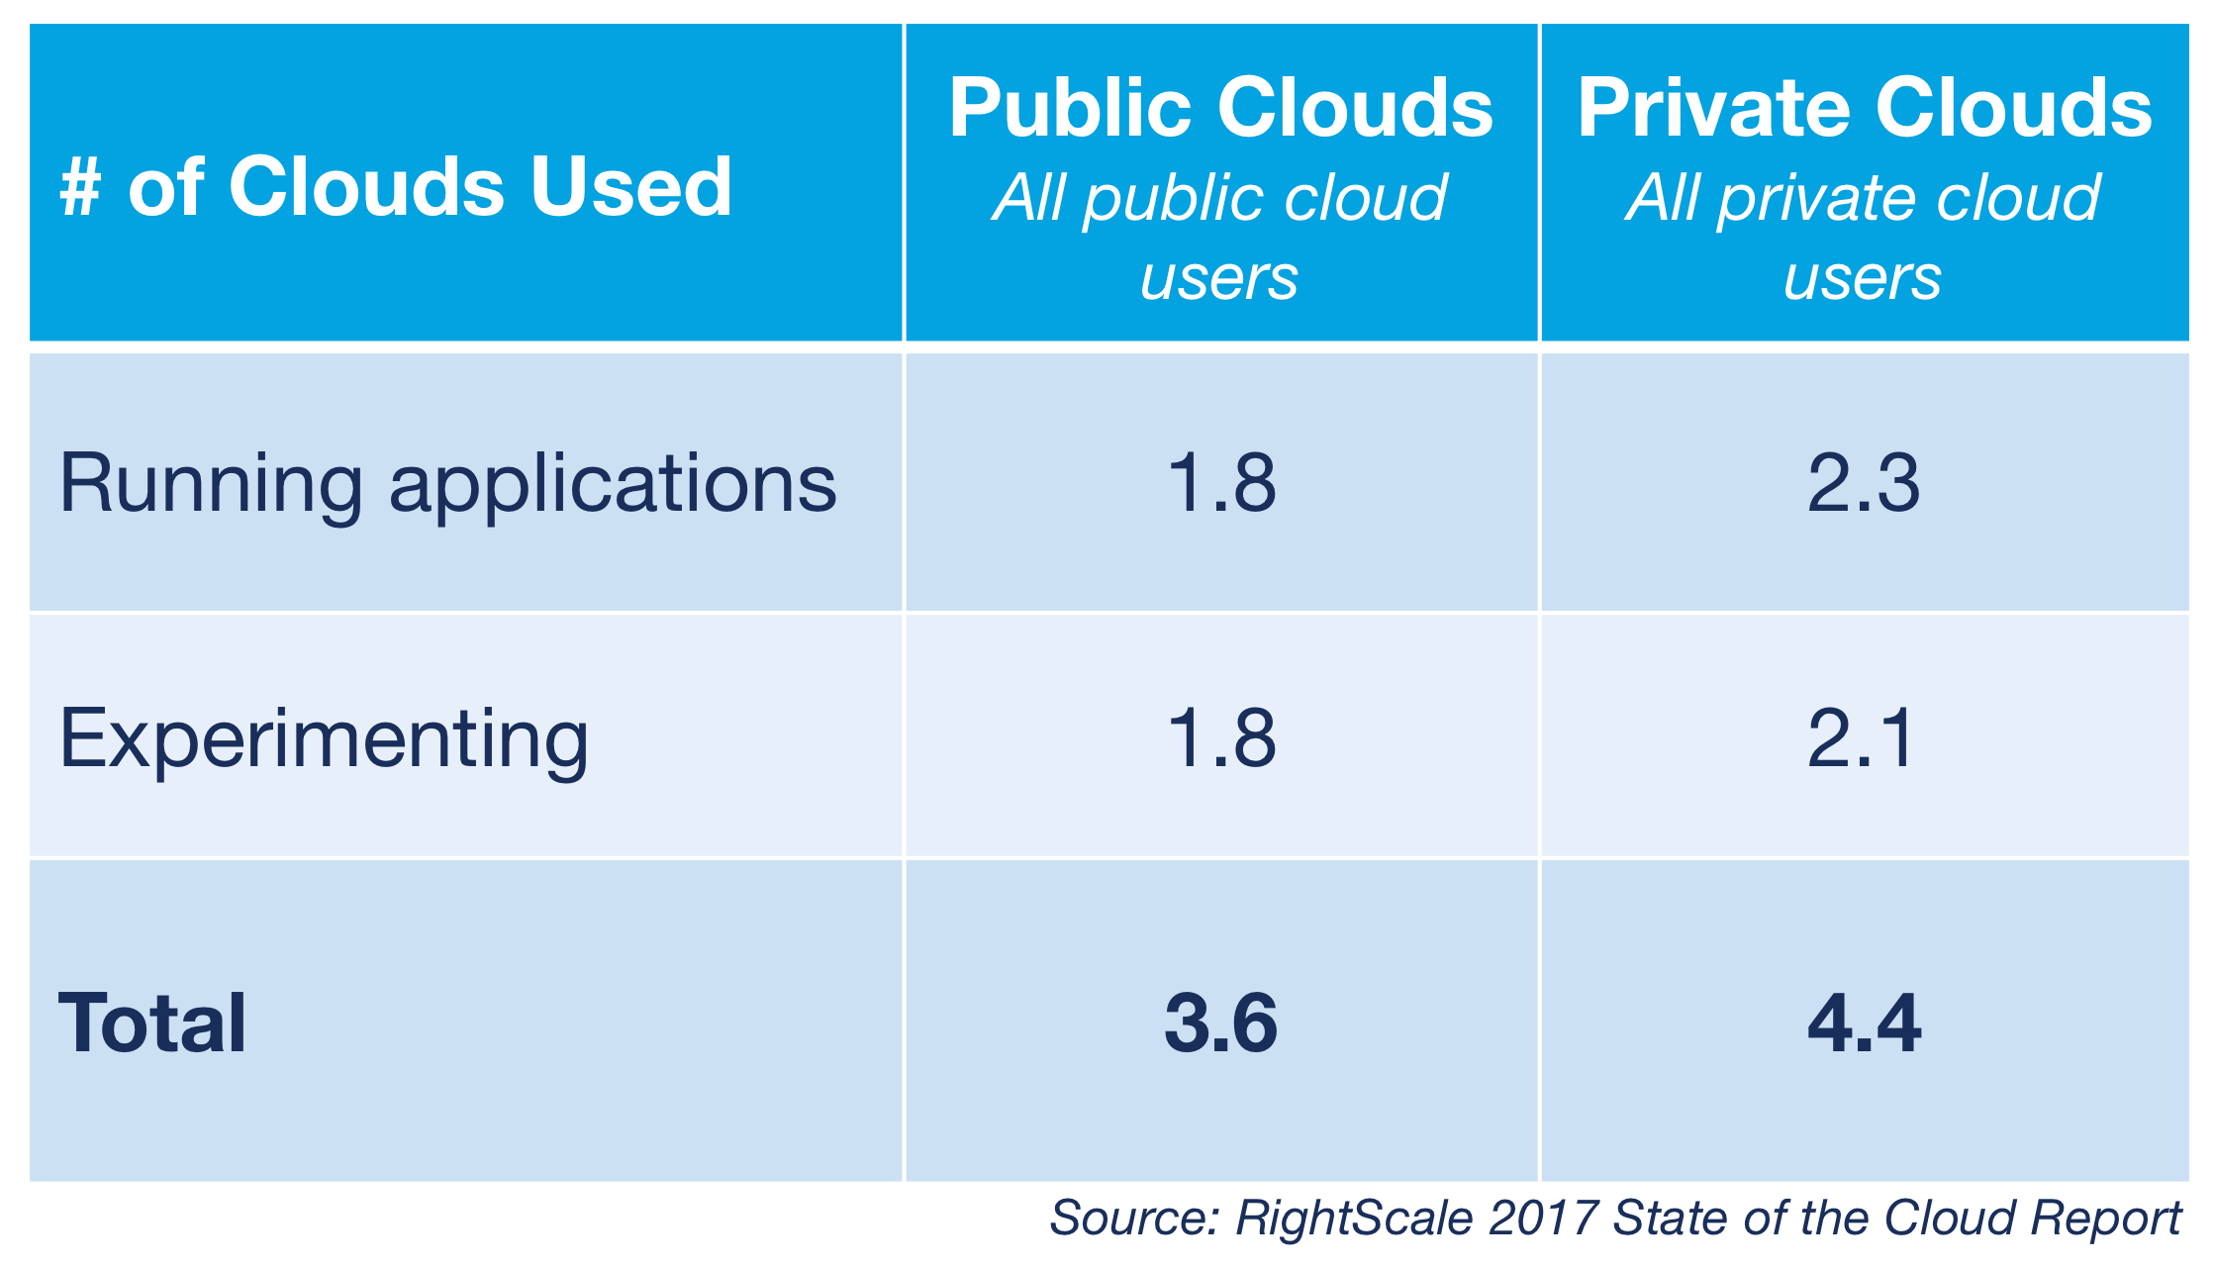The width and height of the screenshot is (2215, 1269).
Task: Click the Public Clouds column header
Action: [1220, 108]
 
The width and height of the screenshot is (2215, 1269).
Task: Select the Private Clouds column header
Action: [1864, 108]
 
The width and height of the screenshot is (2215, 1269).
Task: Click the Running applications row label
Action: [447, 484]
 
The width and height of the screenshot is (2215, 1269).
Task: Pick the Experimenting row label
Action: [324, 738]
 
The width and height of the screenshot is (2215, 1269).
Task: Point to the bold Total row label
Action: [152, 1023]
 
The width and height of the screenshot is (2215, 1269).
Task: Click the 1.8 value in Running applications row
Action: [1221, 483]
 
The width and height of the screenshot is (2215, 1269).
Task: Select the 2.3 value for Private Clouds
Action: [1863, 483]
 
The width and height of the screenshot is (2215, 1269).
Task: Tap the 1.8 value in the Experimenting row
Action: [1221, 738]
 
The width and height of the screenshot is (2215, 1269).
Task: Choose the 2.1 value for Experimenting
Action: [1861, 738]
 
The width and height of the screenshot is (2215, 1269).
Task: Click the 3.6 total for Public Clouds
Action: [1221, 1023]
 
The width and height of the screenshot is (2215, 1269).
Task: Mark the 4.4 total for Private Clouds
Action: [1864, 1023]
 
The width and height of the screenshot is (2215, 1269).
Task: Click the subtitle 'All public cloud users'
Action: [1219, 238]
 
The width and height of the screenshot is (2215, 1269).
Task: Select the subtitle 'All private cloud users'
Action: [1863, 238]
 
